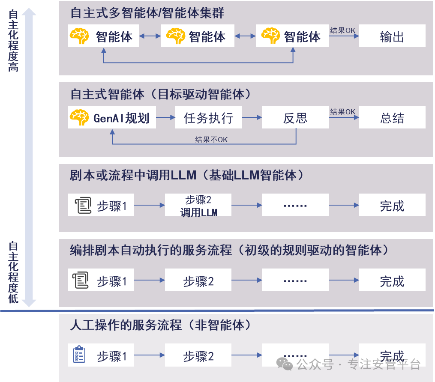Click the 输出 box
point(392,36)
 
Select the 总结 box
point(392,117)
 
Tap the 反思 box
point(295,117)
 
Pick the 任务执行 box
point(208,117)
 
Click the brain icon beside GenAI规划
point(79,117)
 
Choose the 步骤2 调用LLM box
point(198,205)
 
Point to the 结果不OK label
point(211,140)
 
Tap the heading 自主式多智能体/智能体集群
point(147,13)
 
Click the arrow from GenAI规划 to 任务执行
point(165,117)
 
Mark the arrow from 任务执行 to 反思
point(252,117)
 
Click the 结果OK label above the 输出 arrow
point(342,30)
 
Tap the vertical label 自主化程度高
point(13,41)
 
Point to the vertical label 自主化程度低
point(13,272)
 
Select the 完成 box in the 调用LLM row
point(392,205)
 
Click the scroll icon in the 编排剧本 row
point(81,280)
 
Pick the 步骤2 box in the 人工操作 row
point(198,355)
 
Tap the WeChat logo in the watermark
point(285,364)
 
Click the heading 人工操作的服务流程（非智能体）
point(161,325)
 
